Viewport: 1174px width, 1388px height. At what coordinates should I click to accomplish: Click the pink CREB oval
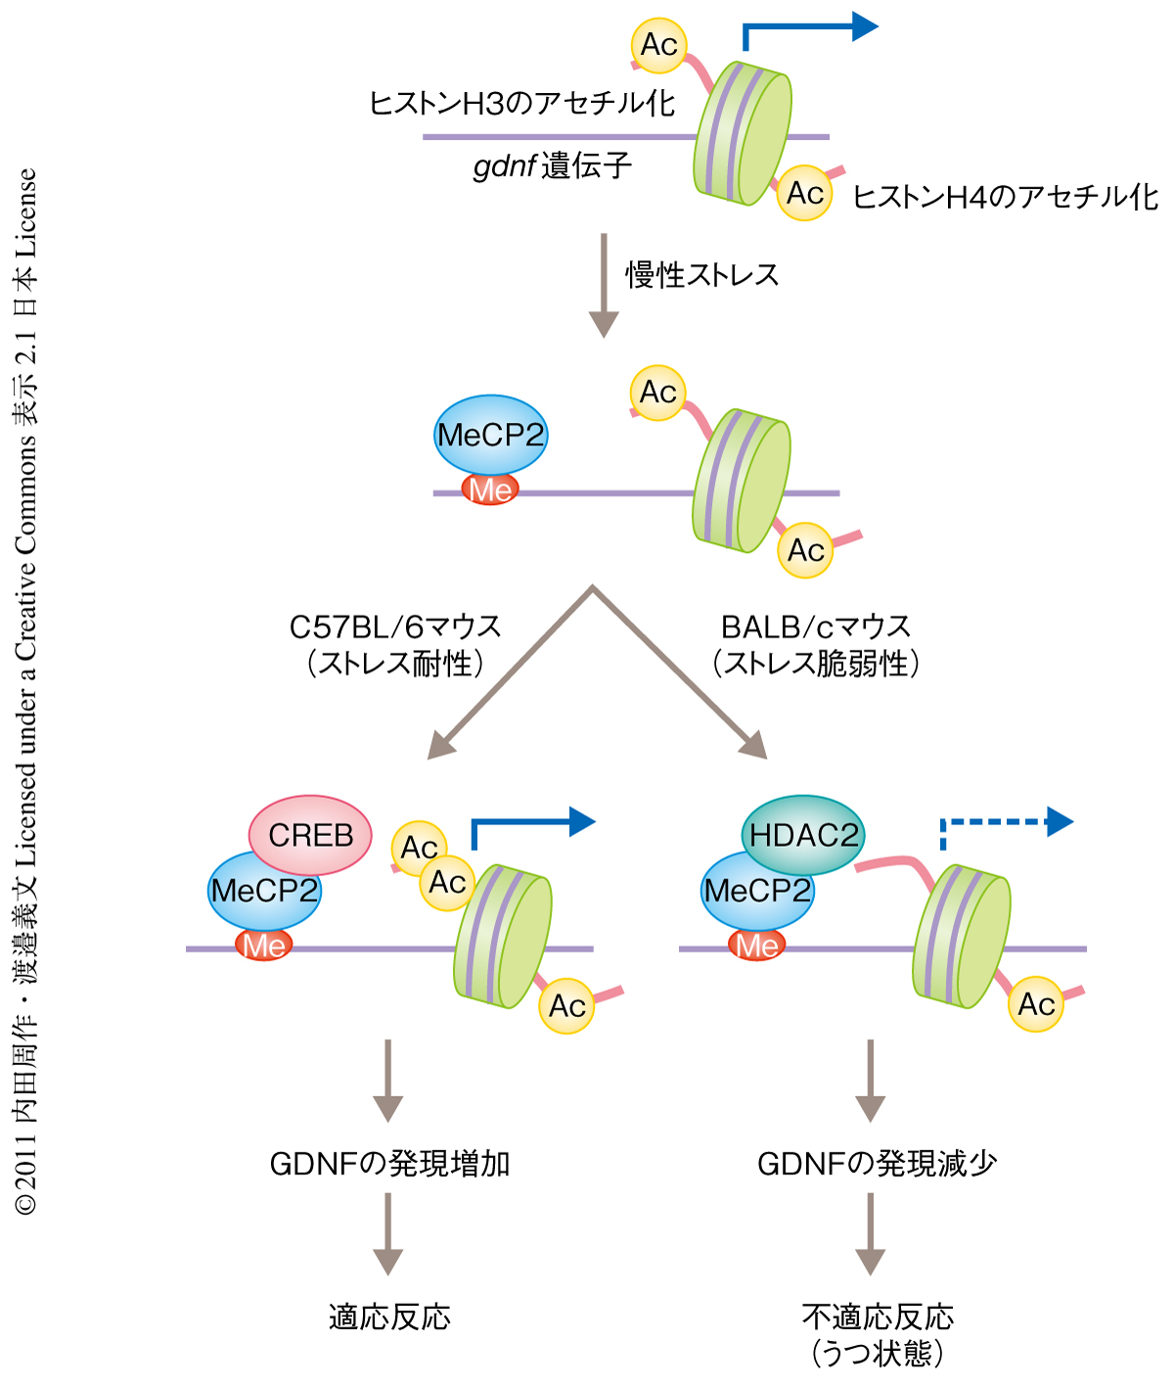310,835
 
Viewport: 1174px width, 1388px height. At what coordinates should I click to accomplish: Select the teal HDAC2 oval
803,835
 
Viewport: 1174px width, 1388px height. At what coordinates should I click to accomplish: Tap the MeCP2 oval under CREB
264,892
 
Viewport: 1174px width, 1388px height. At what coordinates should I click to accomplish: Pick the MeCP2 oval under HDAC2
757,892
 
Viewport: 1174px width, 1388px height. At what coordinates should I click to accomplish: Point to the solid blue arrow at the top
812,29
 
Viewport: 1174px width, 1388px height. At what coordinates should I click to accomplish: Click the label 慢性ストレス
702,275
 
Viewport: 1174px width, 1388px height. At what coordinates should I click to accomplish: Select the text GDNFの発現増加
389,1164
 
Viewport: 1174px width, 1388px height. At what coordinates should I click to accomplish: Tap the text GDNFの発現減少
877,1164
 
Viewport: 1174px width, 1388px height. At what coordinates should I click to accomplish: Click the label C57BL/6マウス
395,626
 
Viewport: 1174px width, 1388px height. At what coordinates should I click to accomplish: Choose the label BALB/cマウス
816,626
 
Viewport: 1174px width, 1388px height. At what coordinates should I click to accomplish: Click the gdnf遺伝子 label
553,166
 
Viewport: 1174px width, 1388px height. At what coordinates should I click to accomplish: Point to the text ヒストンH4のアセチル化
1006,198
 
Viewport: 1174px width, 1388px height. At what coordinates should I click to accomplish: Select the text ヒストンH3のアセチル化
521,103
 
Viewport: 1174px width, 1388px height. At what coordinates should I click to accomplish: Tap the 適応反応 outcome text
389,1318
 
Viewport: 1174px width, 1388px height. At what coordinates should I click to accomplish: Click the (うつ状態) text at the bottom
877,1354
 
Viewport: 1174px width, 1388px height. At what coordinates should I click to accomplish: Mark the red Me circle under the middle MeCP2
491,489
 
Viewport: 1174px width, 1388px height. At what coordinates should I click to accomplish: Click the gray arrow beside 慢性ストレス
604,285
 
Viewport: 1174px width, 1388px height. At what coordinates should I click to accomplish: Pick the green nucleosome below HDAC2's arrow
961,936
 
